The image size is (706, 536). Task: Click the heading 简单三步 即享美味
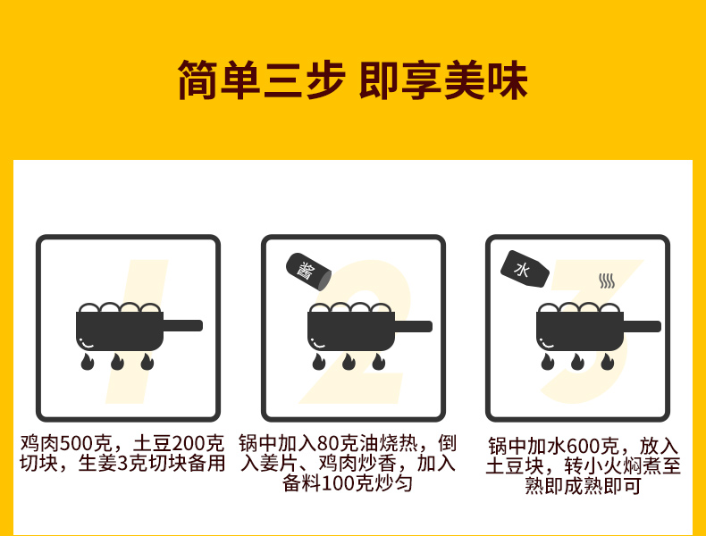pos(352,80)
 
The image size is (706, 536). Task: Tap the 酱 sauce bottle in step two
pos(309,272)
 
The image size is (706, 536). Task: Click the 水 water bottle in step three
pos(525,269)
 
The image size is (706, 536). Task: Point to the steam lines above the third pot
pos(607,281)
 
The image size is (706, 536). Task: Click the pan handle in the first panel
pos(182,325)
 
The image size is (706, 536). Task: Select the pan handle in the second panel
pos(413,326)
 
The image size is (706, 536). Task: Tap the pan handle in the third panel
pos(642,326)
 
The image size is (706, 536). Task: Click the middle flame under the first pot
pos(117,362)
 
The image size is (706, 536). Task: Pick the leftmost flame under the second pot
pos(319,362)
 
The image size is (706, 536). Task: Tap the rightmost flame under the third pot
pos(608,362)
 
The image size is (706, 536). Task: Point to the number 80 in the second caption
pos(328,444)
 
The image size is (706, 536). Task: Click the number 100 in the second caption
pos(339,484)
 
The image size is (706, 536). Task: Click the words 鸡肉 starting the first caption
pos(39,444)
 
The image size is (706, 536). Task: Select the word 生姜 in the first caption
pos(97,464)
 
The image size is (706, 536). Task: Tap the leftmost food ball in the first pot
pos(88,308)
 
